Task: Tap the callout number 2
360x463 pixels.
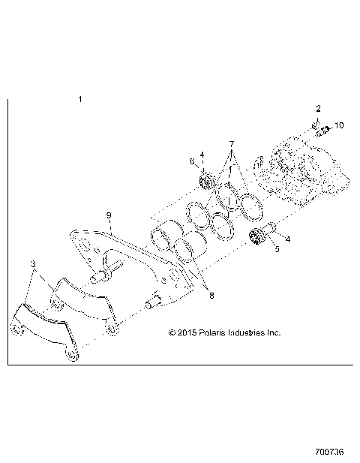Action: click(x=318, y=109)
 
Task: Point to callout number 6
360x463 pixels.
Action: click(x=192, y=161)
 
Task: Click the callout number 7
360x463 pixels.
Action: click(x=232, y=143)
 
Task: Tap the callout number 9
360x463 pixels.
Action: click(x=109, y=215)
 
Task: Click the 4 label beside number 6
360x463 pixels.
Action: click(x=202, y=155)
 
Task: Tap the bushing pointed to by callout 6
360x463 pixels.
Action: click(x=208, y=180)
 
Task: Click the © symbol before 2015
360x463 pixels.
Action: click(x=172, y=331)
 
